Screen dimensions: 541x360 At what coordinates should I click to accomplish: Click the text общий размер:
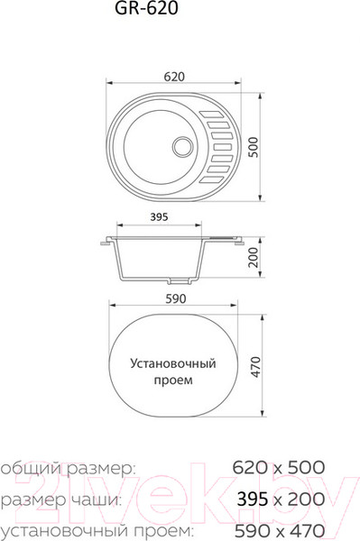[x=68, y=468]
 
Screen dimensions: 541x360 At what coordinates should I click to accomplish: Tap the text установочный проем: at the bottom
[x=95, y=528]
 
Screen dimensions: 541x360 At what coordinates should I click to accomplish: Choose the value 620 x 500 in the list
[x=278, y=468]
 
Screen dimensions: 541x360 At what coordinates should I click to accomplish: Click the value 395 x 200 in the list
[x=278, y=500]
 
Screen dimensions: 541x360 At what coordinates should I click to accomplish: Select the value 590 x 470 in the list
[x=278, y=528]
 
